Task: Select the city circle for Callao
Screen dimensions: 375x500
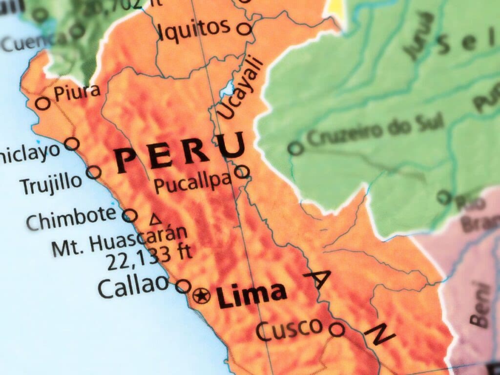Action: click(x=183, y=286)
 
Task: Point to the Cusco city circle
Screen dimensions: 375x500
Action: click(x=336, y=330)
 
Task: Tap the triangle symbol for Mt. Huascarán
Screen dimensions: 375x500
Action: click(x=156, y=220)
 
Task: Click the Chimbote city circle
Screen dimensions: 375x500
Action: click(x=129, y=215)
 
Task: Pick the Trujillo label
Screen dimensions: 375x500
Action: click(x=51, y=184)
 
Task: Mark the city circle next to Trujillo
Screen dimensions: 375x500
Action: click(x=94, y=172)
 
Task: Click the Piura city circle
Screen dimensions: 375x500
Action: click(x=43, y=103)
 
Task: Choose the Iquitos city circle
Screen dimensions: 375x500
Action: click(x=244, y=28)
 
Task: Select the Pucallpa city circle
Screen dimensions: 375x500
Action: click(x=242, y=171)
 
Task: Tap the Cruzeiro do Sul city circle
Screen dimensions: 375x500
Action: click(x=295, y=148)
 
